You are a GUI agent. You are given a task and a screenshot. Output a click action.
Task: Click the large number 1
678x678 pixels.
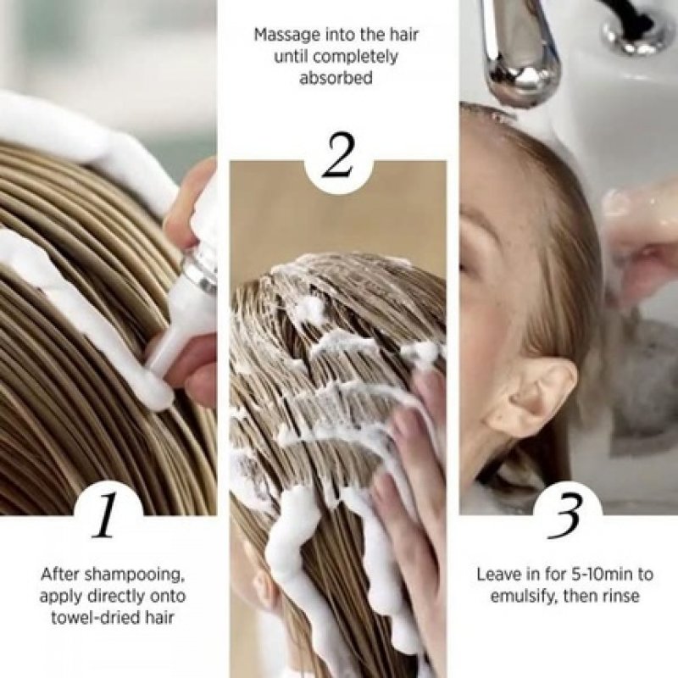(x=104, y=517)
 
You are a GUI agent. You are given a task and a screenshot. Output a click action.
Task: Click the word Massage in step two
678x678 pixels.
(x=288, y=36)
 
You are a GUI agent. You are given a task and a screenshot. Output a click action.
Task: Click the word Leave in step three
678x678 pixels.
(x=497, y=574)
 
